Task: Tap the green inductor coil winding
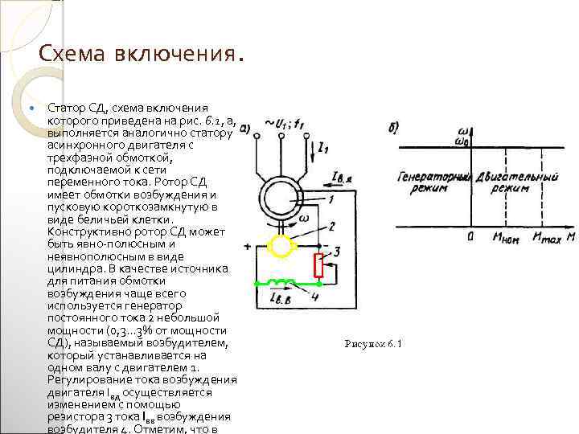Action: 279,283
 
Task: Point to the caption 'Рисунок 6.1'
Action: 372,344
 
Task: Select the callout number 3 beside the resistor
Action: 338,252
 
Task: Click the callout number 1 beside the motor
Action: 331,198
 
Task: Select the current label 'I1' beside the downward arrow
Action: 322,147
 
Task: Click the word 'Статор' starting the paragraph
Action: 64,107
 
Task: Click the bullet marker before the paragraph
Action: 31,107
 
